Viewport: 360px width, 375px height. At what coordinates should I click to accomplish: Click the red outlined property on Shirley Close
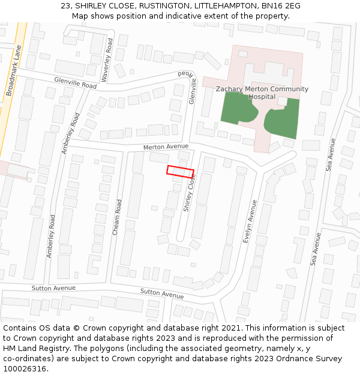tap(180, 172)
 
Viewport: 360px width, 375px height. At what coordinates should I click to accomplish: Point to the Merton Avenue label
tap(166, 147)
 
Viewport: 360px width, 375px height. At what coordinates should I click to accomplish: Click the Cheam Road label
tap(118, 217)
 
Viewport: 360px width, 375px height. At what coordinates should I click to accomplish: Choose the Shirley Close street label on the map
tap(189, 194)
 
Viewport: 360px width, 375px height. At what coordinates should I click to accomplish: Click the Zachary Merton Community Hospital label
tap(262, 92)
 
